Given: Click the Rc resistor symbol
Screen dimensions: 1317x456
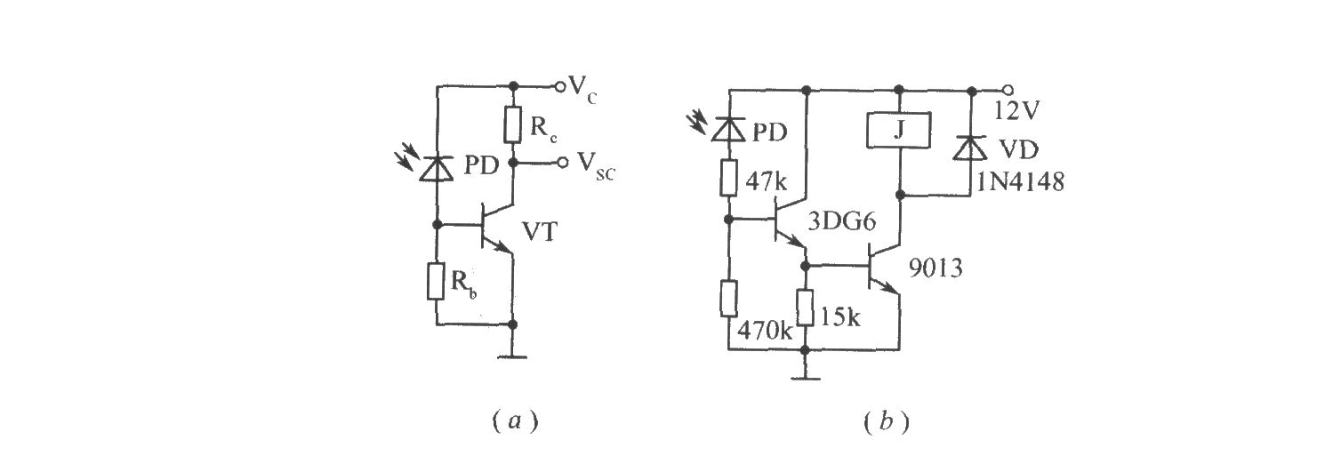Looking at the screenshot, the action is [513, 124].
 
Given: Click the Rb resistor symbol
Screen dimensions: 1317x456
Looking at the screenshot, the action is [437, 282].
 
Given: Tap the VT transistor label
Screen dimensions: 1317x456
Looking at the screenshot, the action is [540, 232].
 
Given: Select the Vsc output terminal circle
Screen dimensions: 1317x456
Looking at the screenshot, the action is [563, 162].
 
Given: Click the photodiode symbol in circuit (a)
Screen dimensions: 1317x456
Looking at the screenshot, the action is [437, 169].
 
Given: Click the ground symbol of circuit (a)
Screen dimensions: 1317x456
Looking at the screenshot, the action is [512, 356].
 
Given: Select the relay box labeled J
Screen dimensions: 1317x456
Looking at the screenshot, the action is [899, 130].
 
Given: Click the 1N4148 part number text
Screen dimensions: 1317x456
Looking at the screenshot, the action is [1021, 182].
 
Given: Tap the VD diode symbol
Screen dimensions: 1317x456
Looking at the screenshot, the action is [971, 148].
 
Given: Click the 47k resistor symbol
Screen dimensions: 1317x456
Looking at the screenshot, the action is [728, 177].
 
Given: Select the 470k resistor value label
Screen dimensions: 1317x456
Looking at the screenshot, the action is [765, 332].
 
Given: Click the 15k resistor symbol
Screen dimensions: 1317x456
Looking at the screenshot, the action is [806, 308].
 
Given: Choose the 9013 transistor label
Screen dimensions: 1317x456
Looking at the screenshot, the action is [936, 268].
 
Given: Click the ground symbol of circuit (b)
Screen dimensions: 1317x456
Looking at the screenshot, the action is [806, 378].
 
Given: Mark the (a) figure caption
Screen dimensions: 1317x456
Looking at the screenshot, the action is [515, 421].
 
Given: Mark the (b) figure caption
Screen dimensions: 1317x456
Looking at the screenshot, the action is [887, 421].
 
